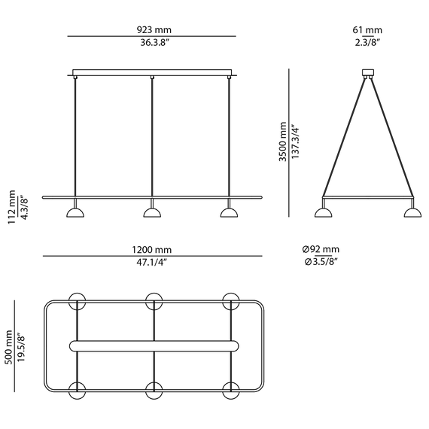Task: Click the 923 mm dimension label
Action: [154, 29]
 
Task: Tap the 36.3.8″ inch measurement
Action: [154, 43]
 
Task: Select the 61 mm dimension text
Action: [367, 29]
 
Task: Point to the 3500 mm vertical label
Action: [283, 141]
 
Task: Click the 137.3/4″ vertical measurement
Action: [296, 141]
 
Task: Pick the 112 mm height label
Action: [12, 207]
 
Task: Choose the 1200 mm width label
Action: [152, 250]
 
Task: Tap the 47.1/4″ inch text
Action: [151, 263]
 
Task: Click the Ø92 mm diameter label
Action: [321, 249]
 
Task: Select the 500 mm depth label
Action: [8, 347]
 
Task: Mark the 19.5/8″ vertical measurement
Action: [21, 347]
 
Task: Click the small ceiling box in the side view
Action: [368, 72]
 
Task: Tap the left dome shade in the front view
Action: [75, 213]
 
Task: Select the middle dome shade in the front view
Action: [152, 213]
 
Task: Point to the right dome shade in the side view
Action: [413, 213]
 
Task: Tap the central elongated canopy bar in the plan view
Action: [154, 346]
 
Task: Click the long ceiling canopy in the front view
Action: [152, 72]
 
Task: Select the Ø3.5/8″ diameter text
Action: [321, 262]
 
